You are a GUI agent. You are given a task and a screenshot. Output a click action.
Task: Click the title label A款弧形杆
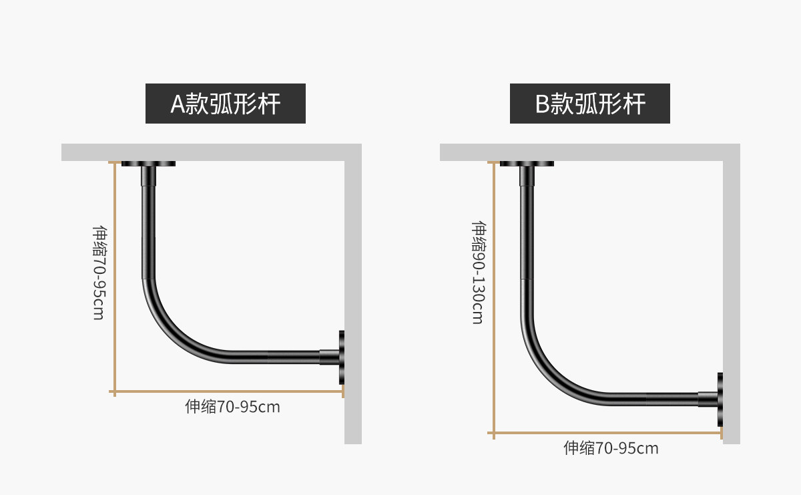point(226,104)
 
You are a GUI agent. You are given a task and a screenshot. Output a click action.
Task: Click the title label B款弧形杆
point(590,104)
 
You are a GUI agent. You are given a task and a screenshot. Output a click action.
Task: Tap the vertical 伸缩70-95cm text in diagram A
point(98,272)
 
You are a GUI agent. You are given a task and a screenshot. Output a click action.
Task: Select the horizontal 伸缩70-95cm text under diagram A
point(232,406)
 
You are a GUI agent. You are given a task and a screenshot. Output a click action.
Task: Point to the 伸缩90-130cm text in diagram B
point(477,273)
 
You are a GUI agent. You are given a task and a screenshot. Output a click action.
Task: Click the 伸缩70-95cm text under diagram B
point(611,448)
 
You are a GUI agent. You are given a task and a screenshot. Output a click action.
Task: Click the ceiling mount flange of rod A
point(148,163)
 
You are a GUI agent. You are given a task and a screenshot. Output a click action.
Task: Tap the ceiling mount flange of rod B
point(527,163)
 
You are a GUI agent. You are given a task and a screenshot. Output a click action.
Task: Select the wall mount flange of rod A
point(342,357)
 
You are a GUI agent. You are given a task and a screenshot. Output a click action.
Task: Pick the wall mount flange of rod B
point(720,399)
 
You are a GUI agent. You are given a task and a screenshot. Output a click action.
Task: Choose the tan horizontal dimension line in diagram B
point(607,434)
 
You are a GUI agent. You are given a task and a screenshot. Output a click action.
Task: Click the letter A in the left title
point(178,104)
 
